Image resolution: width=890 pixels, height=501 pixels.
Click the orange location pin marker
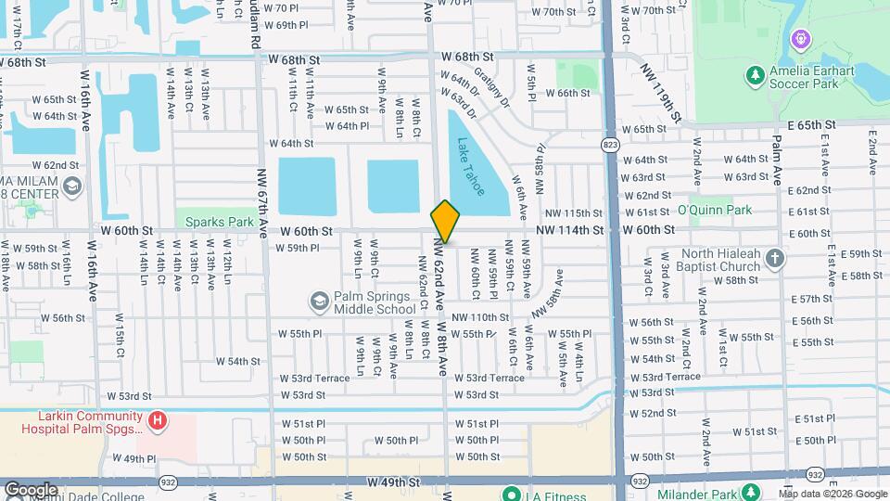(x=445, y=222)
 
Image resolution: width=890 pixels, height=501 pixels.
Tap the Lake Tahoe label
(x=471, y=167)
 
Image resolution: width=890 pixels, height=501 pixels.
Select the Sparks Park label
(x=220, y=222)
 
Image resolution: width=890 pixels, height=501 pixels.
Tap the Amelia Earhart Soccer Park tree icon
(x=756, y=73)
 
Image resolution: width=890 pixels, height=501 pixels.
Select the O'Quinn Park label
(x=714, y=210)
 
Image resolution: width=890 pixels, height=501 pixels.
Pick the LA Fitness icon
(x=509, y=494)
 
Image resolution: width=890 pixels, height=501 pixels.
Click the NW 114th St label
(x=569, y=230)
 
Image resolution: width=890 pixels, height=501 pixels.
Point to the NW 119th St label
(x=669, y=100)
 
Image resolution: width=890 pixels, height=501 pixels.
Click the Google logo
(x=31, y=489)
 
